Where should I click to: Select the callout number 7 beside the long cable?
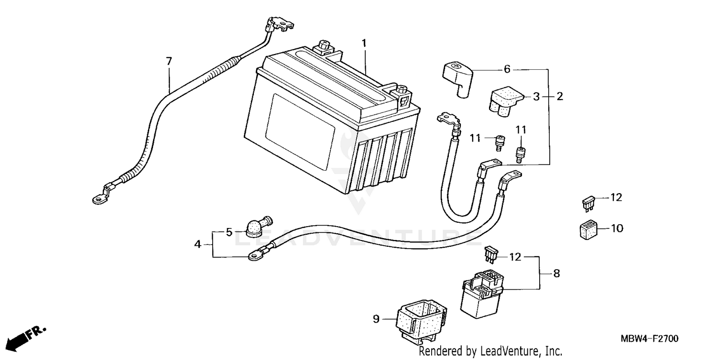coord(168,61)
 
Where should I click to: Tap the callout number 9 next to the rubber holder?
coord(376,318)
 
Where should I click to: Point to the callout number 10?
coord(617,229)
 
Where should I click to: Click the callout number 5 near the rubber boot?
coord(229,232)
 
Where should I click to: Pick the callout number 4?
coord(197,244)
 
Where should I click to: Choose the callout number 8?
coord(556,273)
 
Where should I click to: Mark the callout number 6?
coord(507,69)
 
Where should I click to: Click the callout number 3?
coord(536,97)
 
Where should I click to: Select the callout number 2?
coord(559,97)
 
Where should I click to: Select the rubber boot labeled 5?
coord(256,227)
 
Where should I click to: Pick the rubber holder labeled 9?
coord(421,320)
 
